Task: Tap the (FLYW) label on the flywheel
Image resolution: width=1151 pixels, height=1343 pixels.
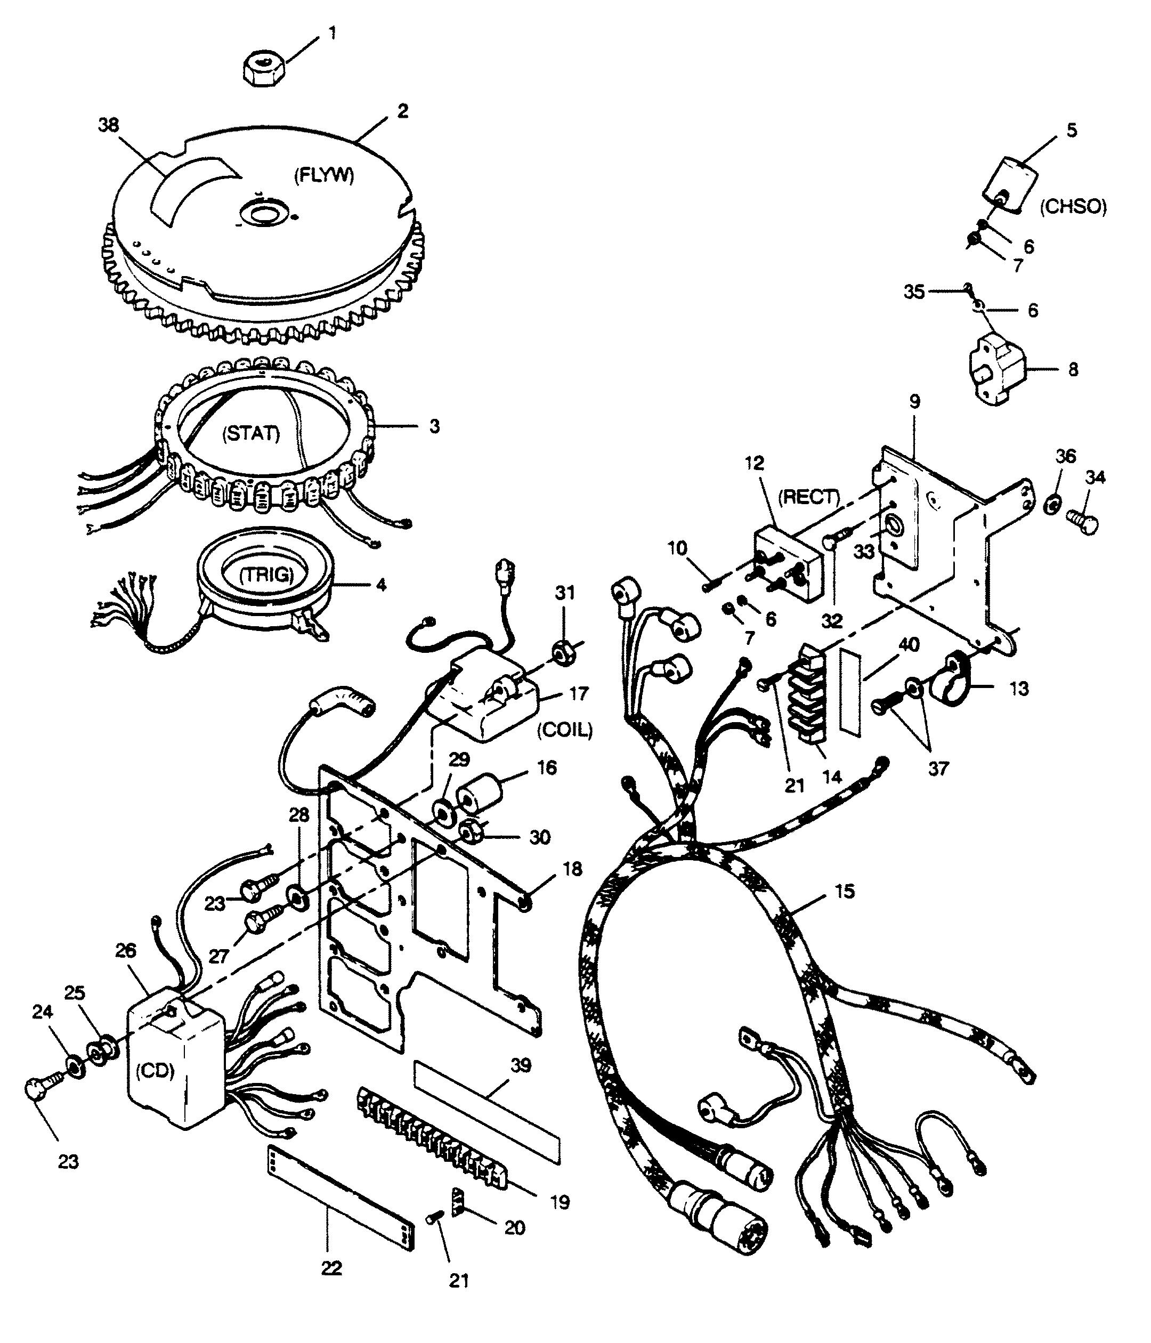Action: click(324, 176)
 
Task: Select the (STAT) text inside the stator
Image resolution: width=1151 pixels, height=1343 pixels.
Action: click(252, 434)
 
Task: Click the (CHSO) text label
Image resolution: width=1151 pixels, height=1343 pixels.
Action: click(1073, 207)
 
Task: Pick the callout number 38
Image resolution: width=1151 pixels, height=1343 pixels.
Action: click(109, 125)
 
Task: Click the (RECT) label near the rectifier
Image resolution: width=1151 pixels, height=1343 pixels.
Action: click(808, 497)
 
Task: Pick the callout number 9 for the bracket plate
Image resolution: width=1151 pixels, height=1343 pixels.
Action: click(914, 402)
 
